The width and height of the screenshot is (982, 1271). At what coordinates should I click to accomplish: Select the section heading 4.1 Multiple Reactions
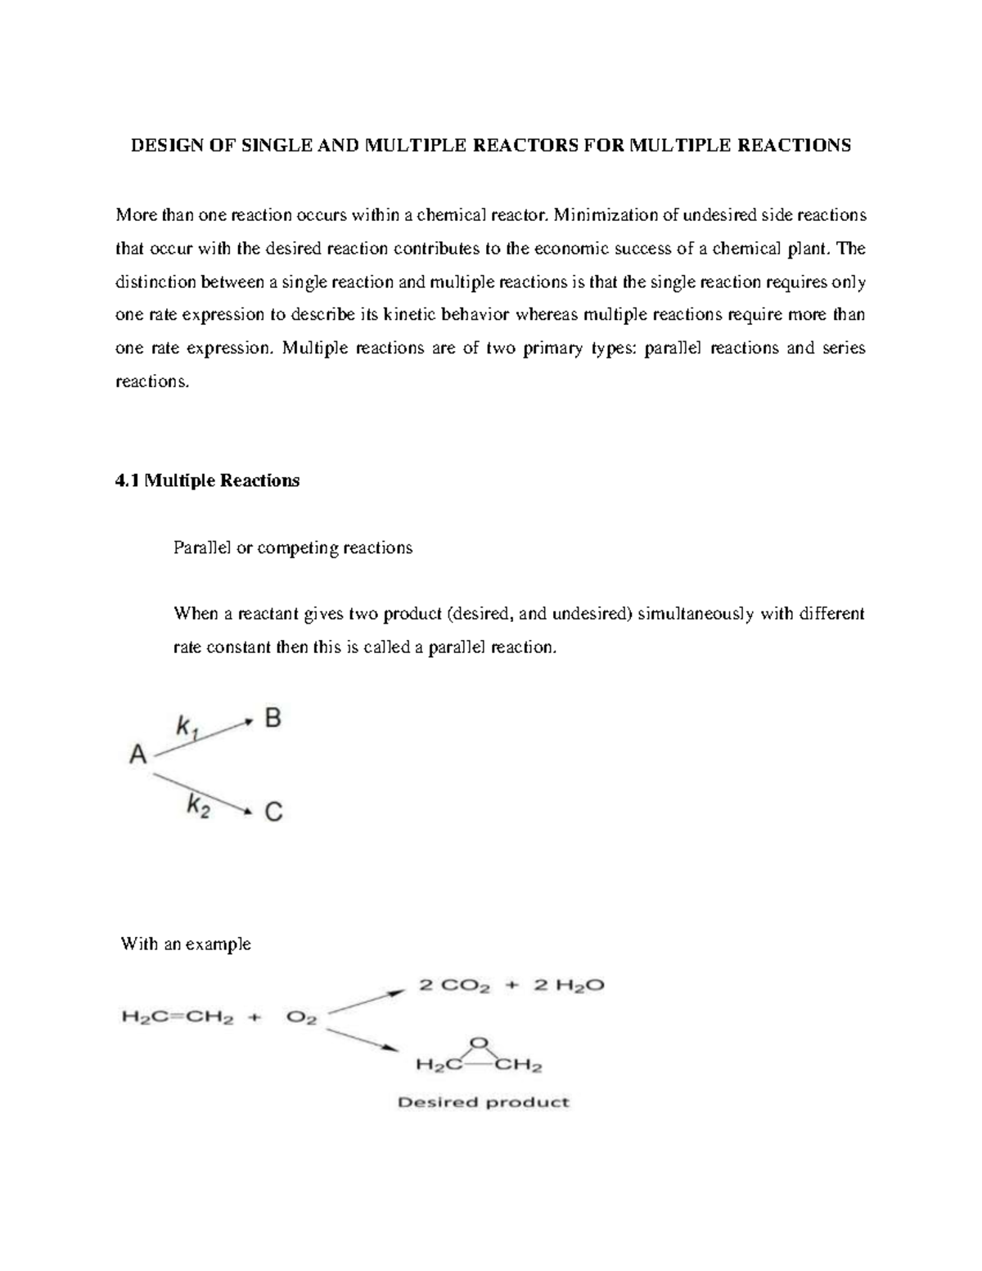208,480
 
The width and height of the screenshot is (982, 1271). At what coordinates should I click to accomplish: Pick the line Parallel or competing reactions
293,548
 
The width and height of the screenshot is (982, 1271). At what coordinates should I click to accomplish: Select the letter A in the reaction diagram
137,754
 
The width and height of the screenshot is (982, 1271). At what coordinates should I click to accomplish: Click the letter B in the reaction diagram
273,719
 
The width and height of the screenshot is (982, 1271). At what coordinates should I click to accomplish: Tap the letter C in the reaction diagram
273,812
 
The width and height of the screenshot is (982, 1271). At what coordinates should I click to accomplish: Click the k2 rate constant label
198,806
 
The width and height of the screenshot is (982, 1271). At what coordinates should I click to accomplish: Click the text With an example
186,944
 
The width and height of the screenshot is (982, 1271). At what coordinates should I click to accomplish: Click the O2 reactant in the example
301,1020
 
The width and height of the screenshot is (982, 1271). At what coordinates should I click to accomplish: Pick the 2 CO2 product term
454,986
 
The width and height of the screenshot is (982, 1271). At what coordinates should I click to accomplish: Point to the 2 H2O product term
569,986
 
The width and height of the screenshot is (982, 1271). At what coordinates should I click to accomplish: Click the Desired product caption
483,1102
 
